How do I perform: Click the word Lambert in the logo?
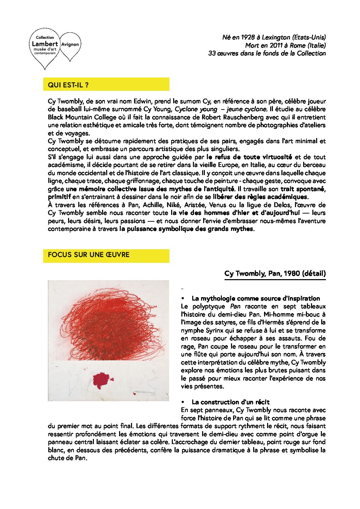[x=45, y=44]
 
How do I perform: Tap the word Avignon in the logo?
[x=70, y=44]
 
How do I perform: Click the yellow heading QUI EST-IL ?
[x=68, y=85]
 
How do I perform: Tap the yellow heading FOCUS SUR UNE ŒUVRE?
[x=89, y=255]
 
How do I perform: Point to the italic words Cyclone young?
[x=196, y=109]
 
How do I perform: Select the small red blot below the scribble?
[x=102, y=380]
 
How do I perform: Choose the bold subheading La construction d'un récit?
[x=230, y=402]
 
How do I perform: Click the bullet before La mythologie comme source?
[x=183, y=299]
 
